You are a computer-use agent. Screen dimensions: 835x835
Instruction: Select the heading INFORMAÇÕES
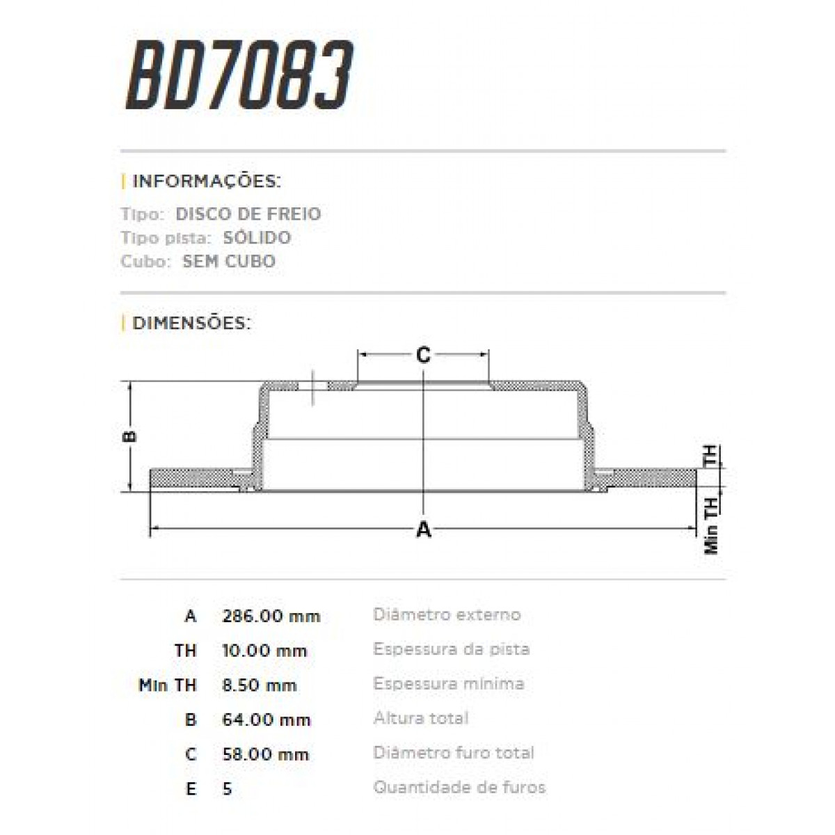click(206, 182)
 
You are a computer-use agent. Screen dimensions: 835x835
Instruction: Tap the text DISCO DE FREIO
click(248, 214)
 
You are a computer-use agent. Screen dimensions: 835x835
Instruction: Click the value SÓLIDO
click(257, 237)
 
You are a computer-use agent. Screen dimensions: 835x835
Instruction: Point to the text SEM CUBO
click(229, 262)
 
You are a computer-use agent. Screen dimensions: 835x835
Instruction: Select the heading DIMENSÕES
click(191, 323)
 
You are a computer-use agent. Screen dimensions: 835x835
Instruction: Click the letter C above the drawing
click(423, 356)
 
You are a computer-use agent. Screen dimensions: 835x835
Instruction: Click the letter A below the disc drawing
click(424, 530)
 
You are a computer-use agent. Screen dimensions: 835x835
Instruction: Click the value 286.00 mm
click(271, 616)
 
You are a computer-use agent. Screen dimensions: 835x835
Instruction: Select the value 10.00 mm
click(264, 651)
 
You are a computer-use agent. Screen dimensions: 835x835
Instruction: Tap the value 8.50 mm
click(260, 685)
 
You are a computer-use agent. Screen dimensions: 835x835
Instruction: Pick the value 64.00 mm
click(266, 719)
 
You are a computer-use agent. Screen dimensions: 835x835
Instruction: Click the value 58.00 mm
click(265, 754)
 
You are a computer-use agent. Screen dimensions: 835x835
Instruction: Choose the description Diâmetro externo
click(447, 614)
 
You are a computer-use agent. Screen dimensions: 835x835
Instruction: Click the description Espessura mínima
click(448, 683)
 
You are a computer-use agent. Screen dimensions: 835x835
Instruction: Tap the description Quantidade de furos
click(459, 788)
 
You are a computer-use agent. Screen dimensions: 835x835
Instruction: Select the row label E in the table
click(191, 789)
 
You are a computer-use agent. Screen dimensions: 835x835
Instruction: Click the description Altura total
click(421, 718)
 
